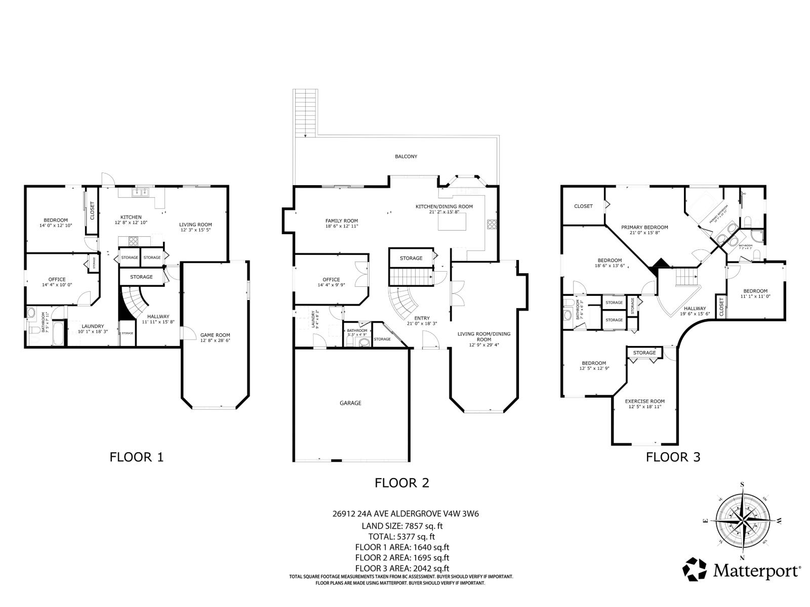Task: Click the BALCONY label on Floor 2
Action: coord(406,156)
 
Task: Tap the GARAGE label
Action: coord(350,403)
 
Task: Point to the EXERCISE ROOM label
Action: coord(644,401)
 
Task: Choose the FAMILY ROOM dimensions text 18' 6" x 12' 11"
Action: coord(341,226)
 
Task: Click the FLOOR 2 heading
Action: coord(401,483)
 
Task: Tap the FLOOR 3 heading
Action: coord(673,457)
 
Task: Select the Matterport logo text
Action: coord(757,571)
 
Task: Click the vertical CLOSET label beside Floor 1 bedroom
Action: coord(92,211)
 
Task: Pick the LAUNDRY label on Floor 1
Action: coord(93,326)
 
